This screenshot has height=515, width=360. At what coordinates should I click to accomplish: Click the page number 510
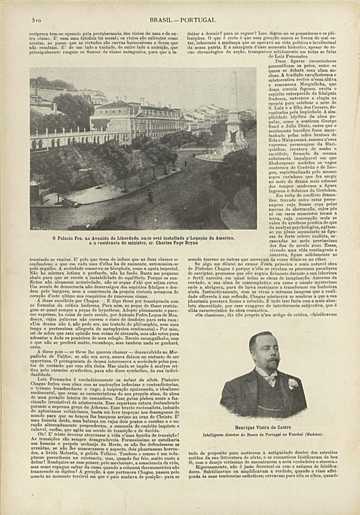coord(36,20)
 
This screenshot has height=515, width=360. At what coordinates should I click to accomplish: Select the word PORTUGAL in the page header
coord(198,20)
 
